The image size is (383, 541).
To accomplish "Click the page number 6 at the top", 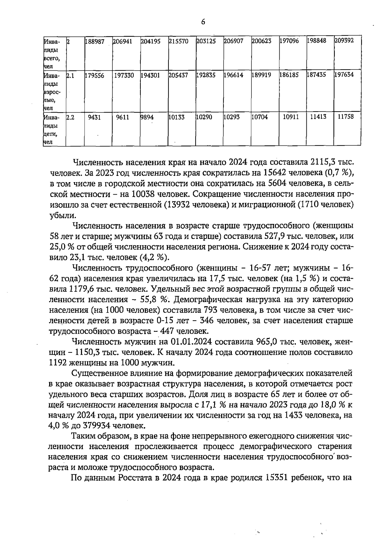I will tap(203, 22).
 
